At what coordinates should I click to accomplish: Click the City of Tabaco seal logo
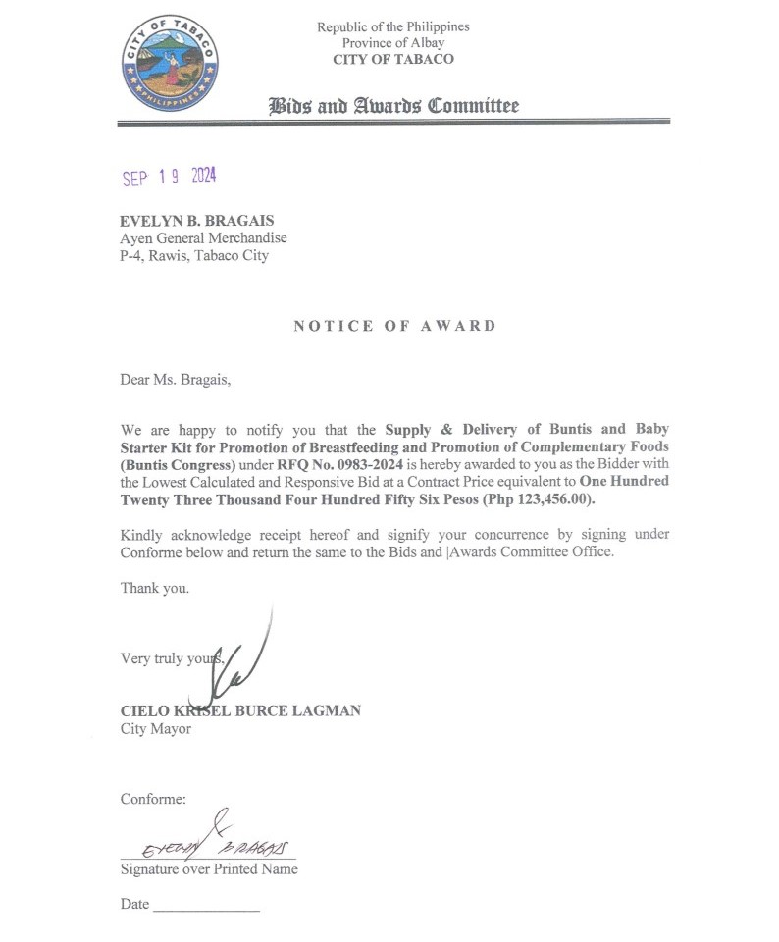pyautogui.click(x=170, y=63)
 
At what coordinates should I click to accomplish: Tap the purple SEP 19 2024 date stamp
pyautogui.click(x=169, y=177)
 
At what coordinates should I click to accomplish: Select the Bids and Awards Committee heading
pyautogui.click(x=393, y=106)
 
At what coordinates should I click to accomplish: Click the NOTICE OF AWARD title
pyautogui.click(x=394, y=326)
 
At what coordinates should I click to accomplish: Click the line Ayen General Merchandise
pyautogui.click(x=203, y=238)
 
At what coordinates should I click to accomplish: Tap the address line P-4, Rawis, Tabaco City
pyautogui.click(x=194, y=256)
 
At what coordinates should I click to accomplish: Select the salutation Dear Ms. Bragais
pyautogui.click(x=177, y=380)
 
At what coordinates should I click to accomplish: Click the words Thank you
pyautogui.click(x=155, y=588)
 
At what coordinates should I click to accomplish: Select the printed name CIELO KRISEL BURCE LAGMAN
pyautogui.click(x=240, y=710)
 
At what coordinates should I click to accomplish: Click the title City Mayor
pyautogui.click(x=156, y=728)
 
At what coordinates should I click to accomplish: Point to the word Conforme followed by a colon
pyautogui.click(x=153, y=799)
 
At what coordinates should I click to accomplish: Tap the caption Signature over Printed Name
pyautogui.click(x=209, y=868)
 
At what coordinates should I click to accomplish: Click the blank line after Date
pyautogui.click(x=207, y=906)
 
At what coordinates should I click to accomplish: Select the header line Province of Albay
pyautogui.click(x=392, y=43)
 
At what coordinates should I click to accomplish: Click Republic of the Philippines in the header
pyautogui.click(x=392, y=26)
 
